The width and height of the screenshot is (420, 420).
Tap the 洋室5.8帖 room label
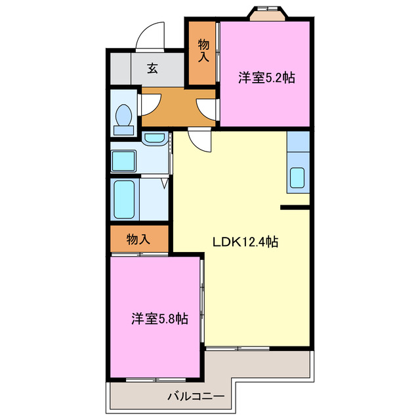coord(159,319)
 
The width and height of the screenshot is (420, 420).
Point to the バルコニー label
coord(196,396)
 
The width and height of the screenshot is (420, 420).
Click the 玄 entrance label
coord(152,68)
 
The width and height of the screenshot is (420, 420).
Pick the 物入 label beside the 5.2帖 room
coord(203,51)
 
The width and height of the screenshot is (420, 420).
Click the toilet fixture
coord(123,115)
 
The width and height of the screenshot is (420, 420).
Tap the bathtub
coord(125,199)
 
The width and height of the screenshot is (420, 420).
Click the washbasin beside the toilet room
coord(154,138)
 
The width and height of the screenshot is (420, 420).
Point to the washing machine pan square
coord(123,160)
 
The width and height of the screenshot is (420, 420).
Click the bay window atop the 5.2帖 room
coord(269,14)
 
